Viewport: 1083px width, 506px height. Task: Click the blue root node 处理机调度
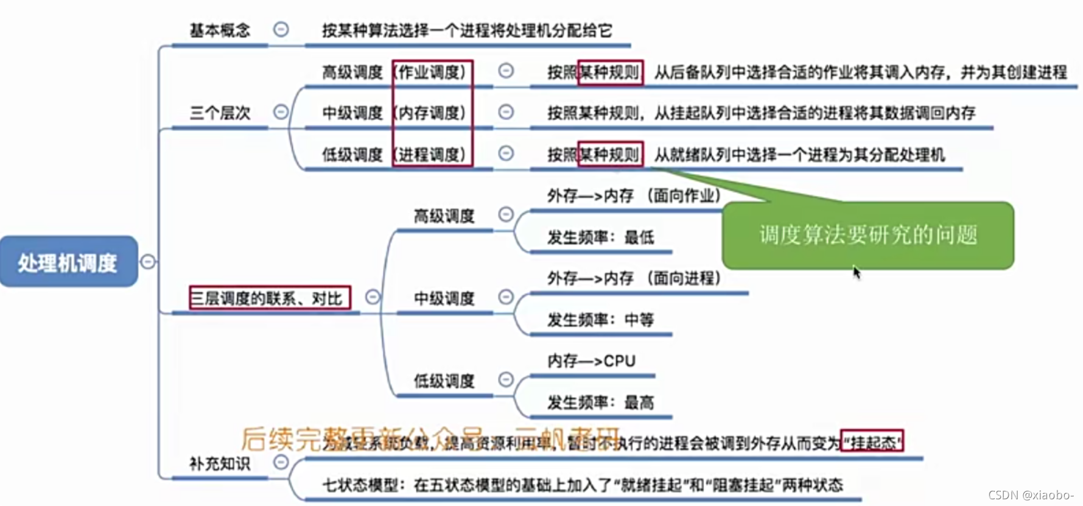click(x=68, y=262)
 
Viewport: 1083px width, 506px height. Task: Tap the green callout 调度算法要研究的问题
click(x=867, y=235)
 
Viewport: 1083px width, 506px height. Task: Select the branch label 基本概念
click(x=220, y=30)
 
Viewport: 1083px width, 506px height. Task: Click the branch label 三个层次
click(x=220, y=113)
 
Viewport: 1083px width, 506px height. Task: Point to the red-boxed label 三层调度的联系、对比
click(x=269, y=298)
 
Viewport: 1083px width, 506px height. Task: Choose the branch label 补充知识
click(x=220, y=463)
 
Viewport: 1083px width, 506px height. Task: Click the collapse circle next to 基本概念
click(x=281, y=29)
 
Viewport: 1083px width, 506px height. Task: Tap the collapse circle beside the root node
click(x=148, y=262)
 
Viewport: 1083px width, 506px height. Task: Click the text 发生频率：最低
click(x=600, y=237)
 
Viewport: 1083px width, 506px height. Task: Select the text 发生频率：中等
click(x=600, y=320)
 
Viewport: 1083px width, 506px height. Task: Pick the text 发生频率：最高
click(x=600, y=402)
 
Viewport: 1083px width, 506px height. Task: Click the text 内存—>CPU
click(x=591, y=361)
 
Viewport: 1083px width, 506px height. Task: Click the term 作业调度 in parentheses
click(x=432, y=72)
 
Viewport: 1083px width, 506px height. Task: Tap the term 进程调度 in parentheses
click(x=432, y=155)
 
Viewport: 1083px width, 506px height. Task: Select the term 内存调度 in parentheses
click(x=432, y=113)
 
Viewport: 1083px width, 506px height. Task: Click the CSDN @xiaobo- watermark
click(x=1031, y=495)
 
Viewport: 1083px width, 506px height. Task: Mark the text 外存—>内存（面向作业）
click(x=634, y=195)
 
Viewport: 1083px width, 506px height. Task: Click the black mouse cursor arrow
click(x=856, y=272)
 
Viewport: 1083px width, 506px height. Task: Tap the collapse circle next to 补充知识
click(x=281, y=462)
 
